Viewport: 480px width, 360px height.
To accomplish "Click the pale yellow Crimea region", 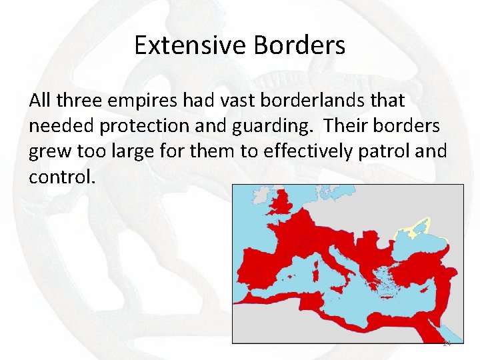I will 415,231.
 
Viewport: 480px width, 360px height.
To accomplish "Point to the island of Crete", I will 389,299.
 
